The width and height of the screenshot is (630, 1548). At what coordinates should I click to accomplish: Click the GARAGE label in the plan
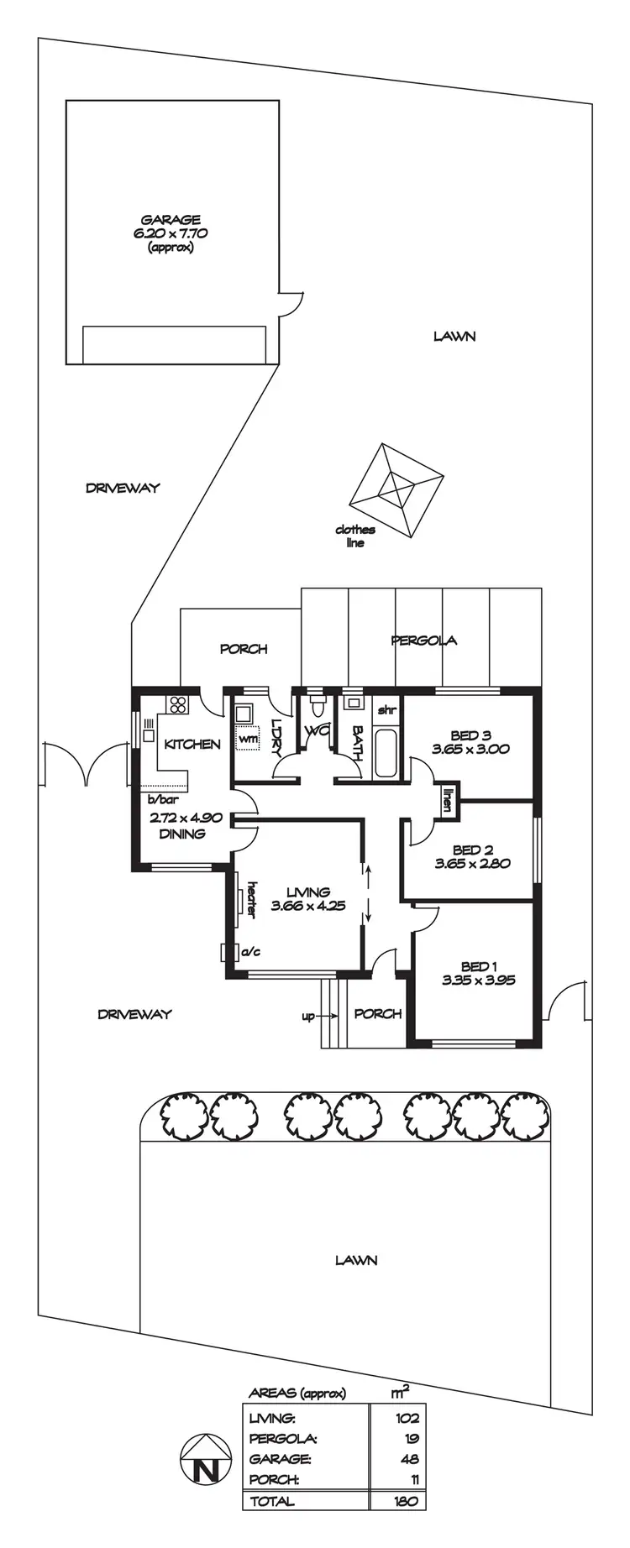point(171,221)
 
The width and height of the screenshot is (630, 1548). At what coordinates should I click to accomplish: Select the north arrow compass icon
point(204,1459)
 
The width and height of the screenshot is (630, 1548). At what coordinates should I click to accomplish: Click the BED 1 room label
point(479,966)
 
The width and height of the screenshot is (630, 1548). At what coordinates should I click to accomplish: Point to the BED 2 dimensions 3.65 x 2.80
point(472,863)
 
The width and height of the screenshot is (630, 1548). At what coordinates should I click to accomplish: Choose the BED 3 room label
point(470,736)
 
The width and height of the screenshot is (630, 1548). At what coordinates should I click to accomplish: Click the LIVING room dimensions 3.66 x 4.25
point(308,906)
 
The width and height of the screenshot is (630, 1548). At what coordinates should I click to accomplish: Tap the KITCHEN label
point(192,744)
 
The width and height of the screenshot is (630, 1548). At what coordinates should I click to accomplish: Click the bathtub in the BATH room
point(387,754)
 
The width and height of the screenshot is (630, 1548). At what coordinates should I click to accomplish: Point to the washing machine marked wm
point(248,737)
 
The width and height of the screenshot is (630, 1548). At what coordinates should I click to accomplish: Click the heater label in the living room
point(250,899)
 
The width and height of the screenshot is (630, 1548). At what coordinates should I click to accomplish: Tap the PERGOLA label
point(424,641)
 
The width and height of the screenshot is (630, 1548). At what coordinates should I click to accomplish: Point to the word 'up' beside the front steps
point(308,1017)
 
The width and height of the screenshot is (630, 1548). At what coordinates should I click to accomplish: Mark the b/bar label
point(159,800)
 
